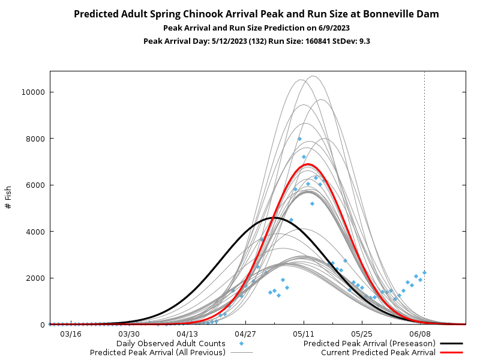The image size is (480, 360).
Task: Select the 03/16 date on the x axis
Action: click(x=70, y=334)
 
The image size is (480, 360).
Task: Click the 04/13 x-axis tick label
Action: click(x=187, y=334)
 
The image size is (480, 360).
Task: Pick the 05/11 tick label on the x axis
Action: click(x=304, y=334)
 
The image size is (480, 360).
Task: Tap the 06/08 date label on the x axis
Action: click(x=420, y=334)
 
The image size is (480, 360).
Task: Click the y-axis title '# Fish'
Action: click(x=8, y=197)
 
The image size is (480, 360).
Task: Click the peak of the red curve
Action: click(x=308, y=164)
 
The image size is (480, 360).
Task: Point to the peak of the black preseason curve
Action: click(x=274, y=217)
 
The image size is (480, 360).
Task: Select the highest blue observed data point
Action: click(x=299, y=139)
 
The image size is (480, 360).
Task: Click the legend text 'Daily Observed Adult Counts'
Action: click(x=171, y=344)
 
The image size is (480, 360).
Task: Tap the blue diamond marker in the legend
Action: click(x=241, y=344)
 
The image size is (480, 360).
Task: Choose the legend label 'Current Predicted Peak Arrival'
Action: click(x=378, y=353)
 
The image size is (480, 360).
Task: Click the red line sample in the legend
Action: click(x=452, y=353)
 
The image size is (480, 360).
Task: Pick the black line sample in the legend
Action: click(x=452, y=344)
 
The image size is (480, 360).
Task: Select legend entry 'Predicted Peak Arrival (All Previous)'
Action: click(x=158, y=353)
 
